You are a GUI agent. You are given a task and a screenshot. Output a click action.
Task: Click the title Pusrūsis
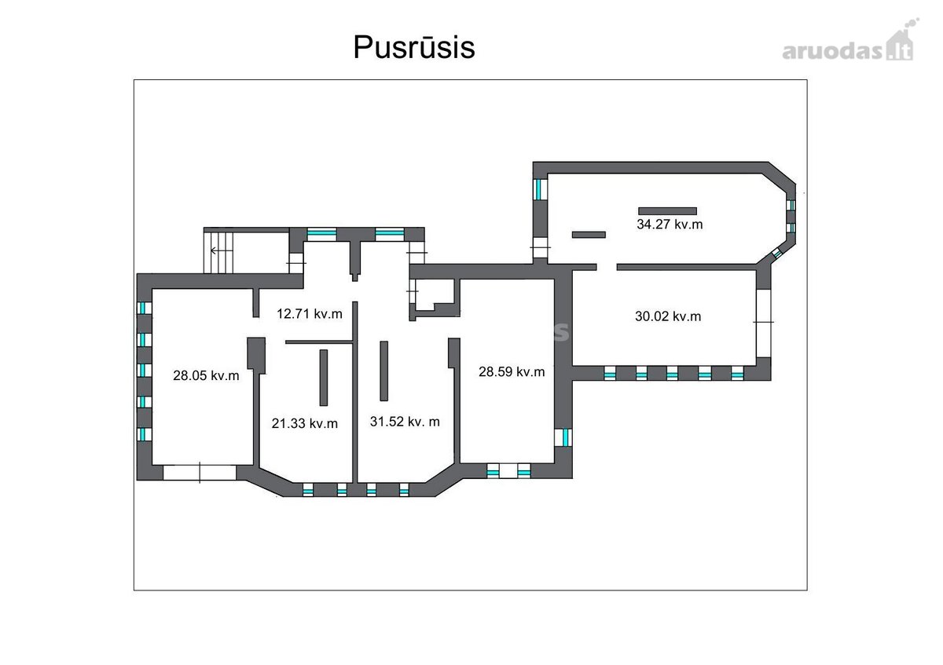pyautogui.click(x=414, y=47)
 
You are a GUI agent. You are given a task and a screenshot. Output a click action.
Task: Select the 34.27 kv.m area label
pyautogui.click(x=670, y=225)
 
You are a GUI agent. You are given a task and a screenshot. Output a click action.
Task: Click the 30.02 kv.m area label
pyautogui.click(x=668, y=316)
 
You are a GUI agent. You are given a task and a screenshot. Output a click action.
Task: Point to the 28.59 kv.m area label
pyautogui.click(x=512, y=372)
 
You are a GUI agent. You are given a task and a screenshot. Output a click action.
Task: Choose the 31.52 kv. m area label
pyautogui.click(x=405, y=422)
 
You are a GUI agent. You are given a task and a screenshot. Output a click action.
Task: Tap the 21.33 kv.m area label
pyautogui.click(x=304, y=423)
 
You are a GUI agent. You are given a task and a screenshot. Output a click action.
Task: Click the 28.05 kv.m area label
pyautogui.click(x=206, y=375)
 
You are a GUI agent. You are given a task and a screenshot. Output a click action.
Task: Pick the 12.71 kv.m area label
pyautogui.click(x=310, y=314)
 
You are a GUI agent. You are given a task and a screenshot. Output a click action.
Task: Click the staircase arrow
pyautogui.click(x=222, y=251)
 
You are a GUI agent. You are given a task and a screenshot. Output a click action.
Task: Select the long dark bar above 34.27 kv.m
pyautogui.click(x=667, y=211)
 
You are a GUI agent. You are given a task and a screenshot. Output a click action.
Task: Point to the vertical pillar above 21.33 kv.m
pyautogui.click(x=323, y=378)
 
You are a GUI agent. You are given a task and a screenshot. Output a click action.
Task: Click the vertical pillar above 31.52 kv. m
pyautogui.click(x=384, y=371)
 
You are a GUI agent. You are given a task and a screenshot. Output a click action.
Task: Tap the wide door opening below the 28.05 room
pyautogui.click(x=200, y=473)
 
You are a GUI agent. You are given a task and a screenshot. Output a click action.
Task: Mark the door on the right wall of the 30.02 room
pyautogui.click(x=763, y=323)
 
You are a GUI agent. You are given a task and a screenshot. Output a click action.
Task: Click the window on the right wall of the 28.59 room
pyautogui.click(x=563, y=437)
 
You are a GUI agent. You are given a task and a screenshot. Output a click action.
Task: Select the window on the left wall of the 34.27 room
pyautogui.click(x=541, y=189)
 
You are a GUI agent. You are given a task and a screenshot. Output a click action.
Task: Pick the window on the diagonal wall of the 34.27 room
pyautogui.click(x=776, y=254)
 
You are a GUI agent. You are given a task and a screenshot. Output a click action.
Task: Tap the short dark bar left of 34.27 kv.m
pyautogui.click(x=589, y=235)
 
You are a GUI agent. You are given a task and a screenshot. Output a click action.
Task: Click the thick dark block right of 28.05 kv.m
pyautogui.click(x=256, y=354)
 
